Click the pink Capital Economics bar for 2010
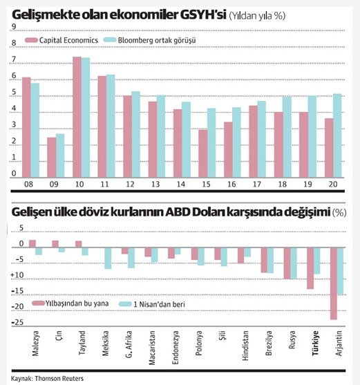tap(77, 117)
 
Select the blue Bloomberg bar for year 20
tap(337, 135)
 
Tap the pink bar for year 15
tap(203, 153)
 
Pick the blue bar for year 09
tap(60, 156)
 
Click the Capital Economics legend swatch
tap(31, 40)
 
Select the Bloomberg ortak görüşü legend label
tap(157, 40)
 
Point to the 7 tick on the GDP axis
tap(14, 59)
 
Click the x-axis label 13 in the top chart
tap(155, 184)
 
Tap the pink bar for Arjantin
tap(334, 283)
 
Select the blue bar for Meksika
tap(108, 258)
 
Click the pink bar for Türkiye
tap(310, 268)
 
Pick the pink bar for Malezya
tap(32, 243)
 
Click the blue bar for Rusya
tap(294, 263)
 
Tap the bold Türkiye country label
tap(315, 343)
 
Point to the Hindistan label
tap(245, 346)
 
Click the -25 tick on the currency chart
tap(17, 322)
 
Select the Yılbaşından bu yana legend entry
tap(70, 303)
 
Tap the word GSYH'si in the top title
tap(203, 15)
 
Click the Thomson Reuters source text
tap(59, 378)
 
